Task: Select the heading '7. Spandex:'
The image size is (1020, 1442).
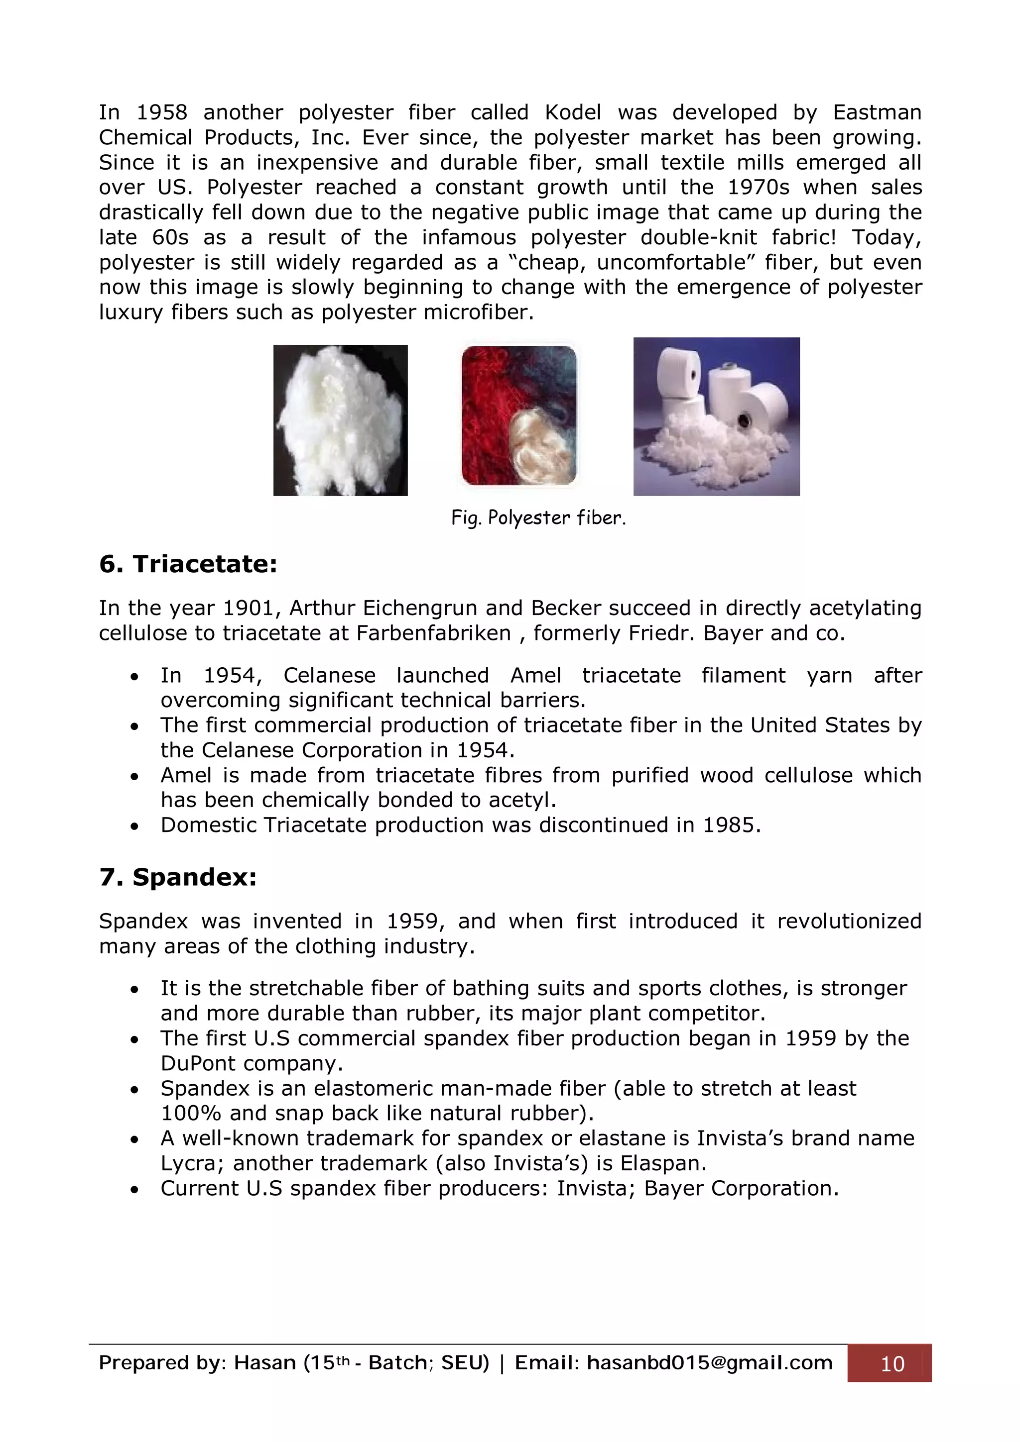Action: coord(178,877)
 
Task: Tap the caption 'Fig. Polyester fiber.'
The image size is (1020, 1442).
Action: coord(538,517)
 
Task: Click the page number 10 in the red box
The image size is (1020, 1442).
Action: coord(892,1363)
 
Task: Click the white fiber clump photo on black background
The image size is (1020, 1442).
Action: coord(340,420)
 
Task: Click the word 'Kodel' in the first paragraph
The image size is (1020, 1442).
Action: coord(573,112)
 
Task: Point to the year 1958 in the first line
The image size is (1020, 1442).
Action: coord(161,112)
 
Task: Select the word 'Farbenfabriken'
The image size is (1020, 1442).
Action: coord(434,633)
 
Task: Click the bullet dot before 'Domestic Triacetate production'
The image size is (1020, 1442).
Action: coord(134,826)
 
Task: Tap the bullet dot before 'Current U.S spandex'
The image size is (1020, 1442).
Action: coord(134,1190)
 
